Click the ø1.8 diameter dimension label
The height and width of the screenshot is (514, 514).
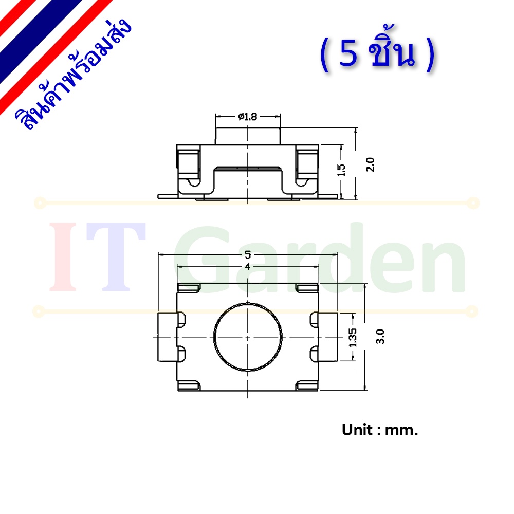click(x=248, y=116)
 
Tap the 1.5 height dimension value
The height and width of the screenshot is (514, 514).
click(x=341, y=170)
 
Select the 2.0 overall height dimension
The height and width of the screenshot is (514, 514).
click(x=370, y=164)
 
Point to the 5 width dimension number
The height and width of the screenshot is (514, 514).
click(x=248, y=254)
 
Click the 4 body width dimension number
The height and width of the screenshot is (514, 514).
click(x=248, y=266)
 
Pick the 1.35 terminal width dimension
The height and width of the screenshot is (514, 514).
click(x=353, y=338)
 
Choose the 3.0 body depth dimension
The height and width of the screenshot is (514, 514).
click(x=380, y=336)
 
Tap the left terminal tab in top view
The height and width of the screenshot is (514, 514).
click(x=168, y=337)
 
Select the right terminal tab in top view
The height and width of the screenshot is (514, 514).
click(x=328, y=337)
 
